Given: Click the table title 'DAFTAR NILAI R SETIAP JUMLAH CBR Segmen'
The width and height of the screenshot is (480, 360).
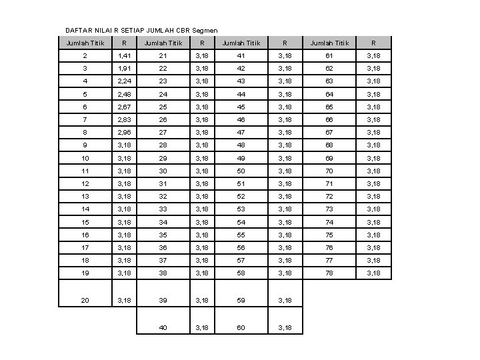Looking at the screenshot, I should (x=123, y=30).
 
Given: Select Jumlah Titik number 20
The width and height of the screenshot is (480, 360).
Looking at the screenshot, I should (x=85, y=301).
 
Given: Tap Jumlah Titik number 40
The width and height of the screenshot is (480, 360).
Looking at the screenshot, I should (x=163, y=327).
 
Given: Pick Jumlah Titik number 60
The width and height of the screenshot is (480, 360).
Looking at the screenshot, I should (x=241, y=327).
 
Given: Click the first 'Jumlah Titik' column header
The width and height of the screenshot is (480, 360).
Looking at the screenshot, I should (x=85, y=43).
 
